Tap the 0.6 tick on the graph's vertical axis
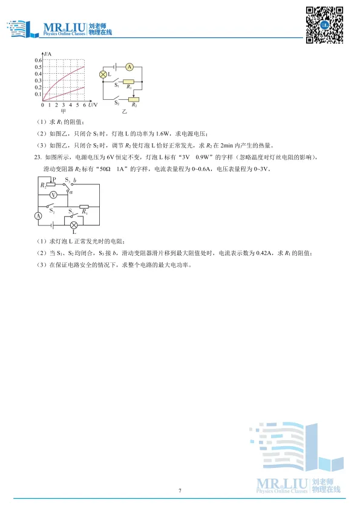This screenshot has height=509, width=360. point(38,60)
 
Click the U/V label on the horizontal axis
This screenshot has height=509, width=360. point(91,105)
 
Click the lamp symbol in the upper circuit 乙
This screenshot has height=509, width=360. point(103,74)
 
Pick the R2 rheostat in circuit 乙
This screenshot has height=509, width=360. point(134,99)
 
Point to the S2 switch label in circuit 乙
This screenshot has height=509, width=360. point(117,103)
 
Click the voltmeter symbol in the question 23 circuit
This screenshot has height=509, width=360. point(53,195)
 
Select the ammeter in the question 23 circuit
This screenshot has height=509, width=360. point(38,215)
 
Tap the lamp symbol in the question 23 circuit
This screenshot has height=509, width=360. point(74,224)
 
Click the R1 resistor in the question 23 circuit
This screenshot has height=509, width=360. point(85,206)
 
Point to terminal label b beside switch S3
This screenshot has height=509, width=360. point(74,180)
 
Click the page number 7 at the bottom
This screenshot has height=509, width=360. point(180,490)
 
